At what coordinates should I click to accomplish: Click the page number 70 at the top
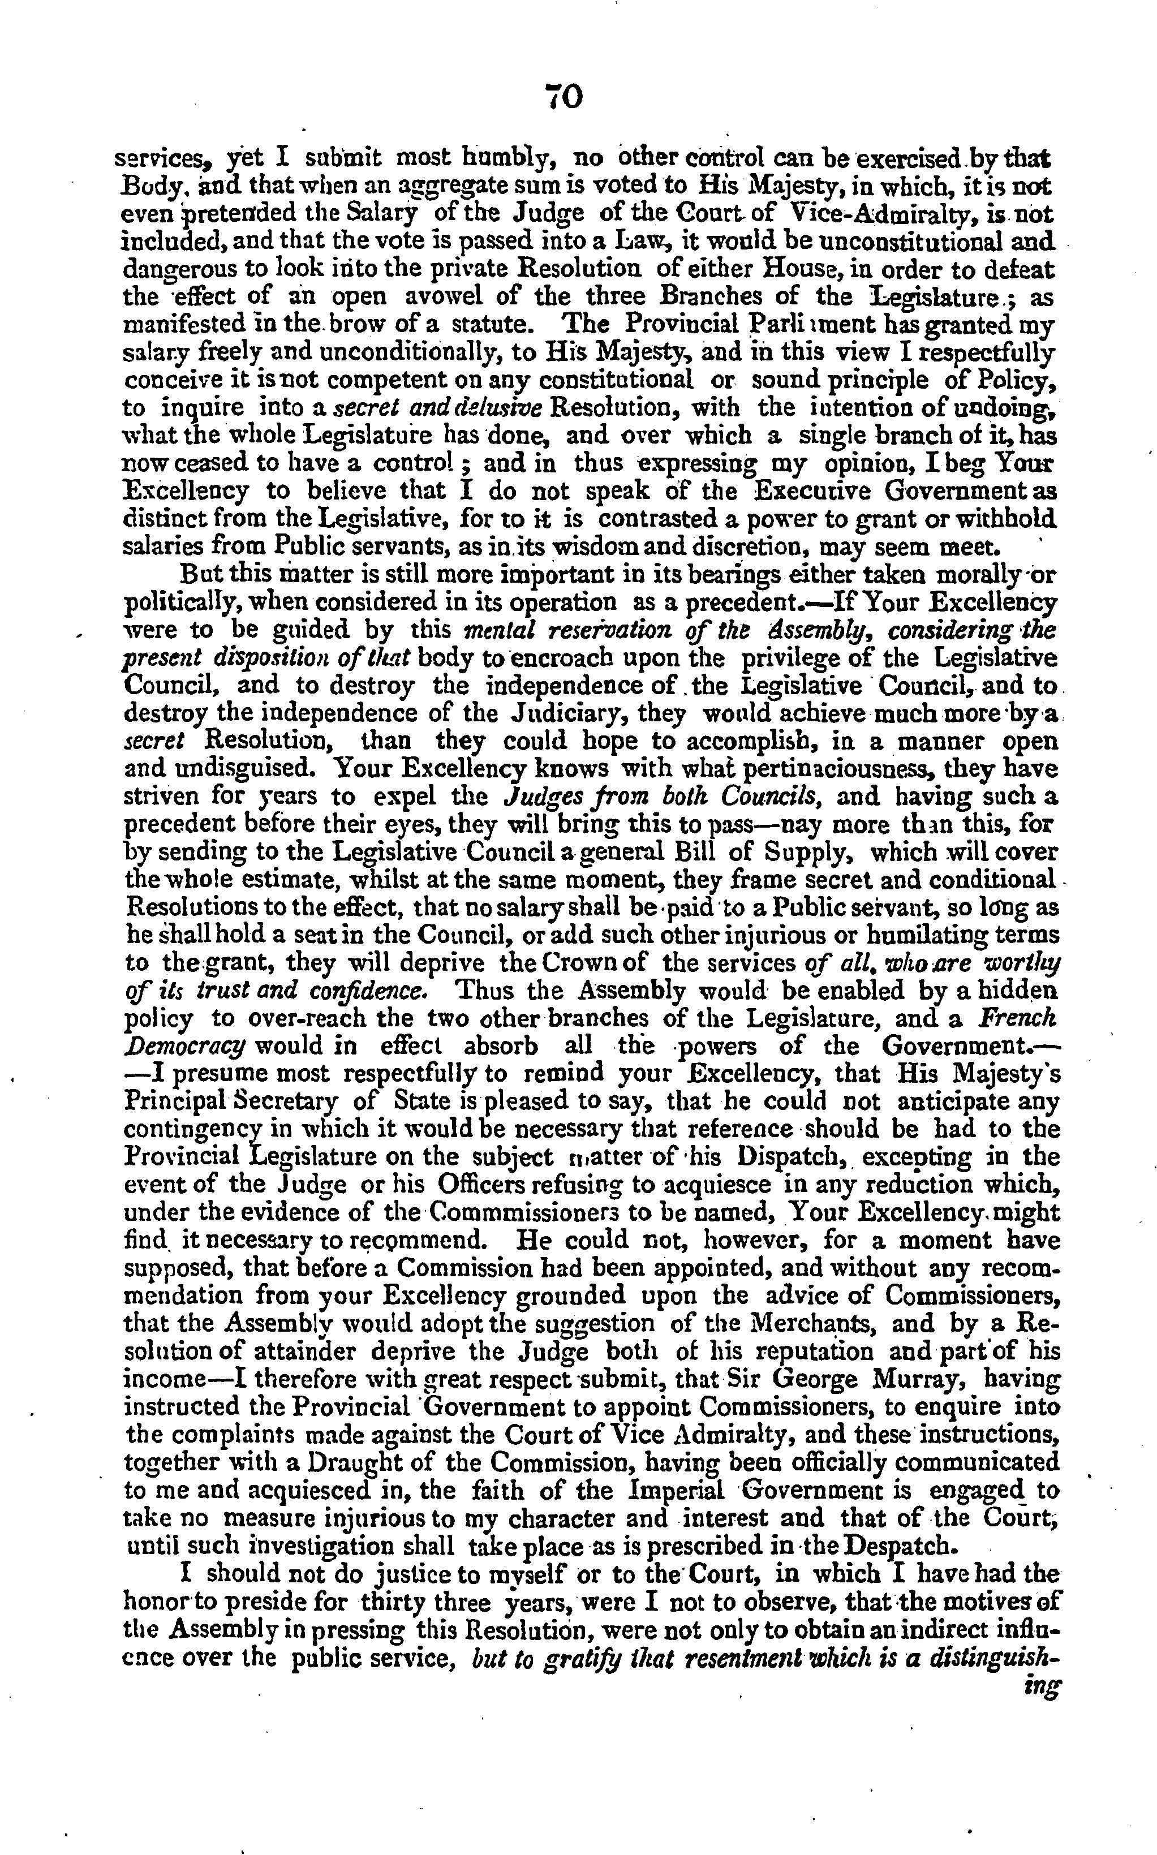565,97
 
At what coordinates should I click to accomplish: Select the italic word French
1018,1018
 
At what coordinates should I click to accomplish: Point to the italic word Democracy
184,1047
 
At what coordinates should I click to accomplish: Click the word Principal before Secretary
174,1101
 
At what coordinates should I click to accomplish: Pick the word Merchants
842,1323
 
